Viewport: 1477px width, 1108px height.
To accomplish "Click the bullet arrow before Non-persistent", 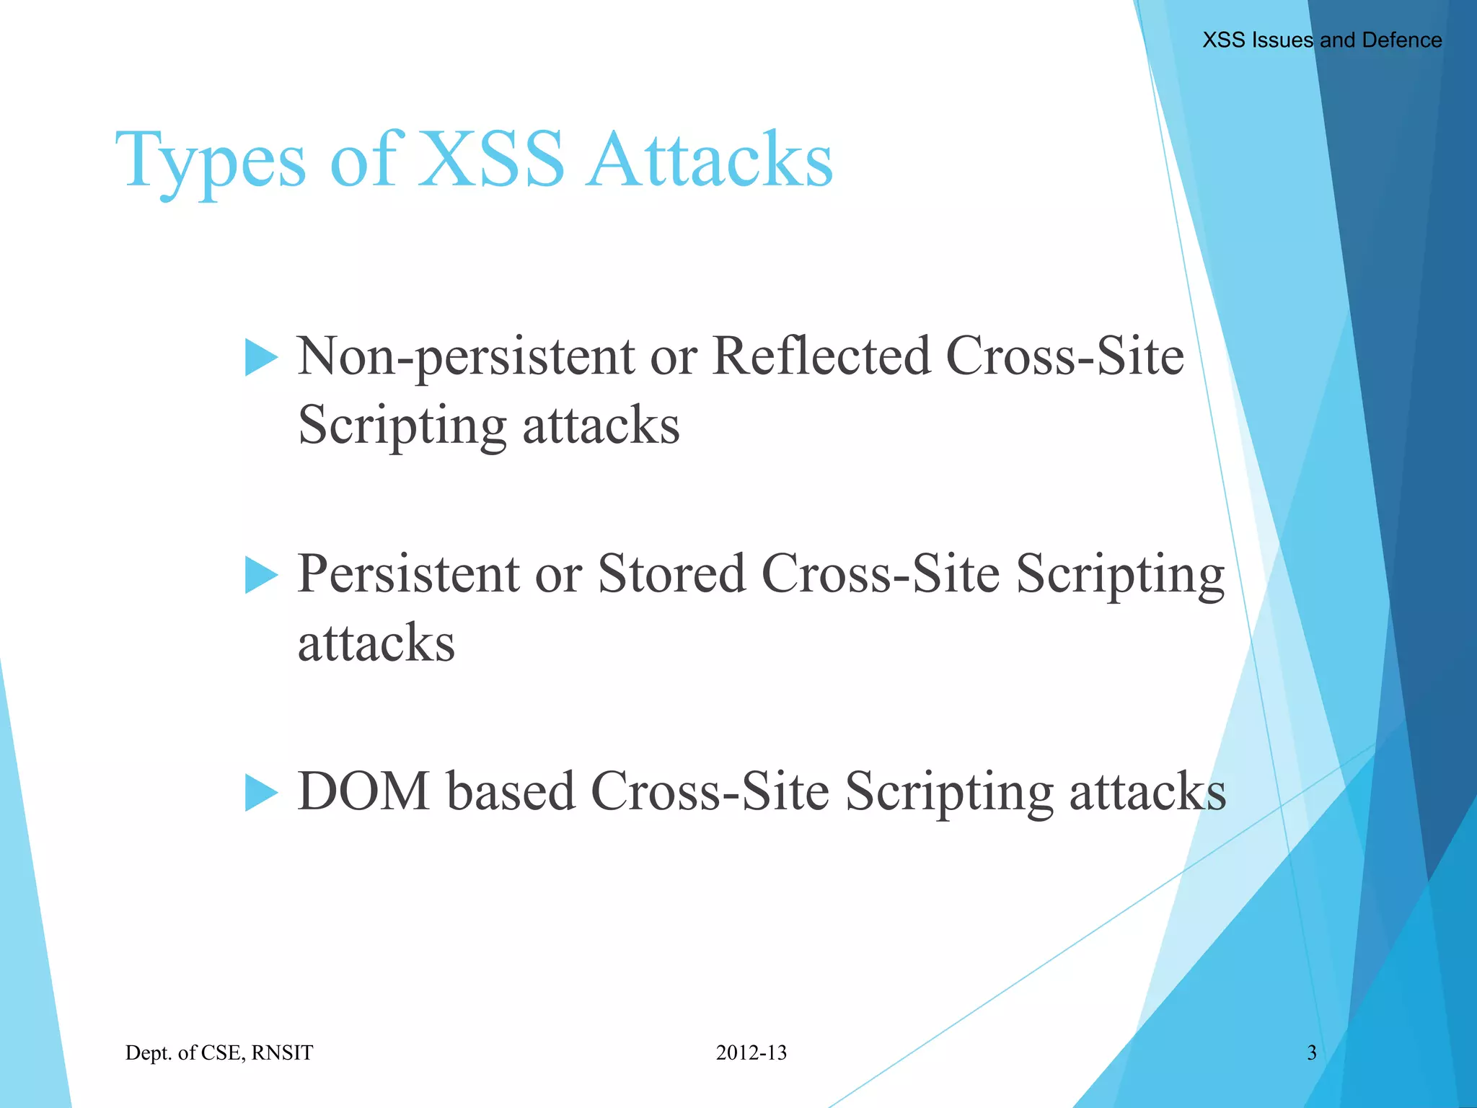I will click(260, 358).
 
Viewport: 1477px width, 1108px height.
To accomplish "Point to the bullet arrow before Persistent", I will click(260, 576).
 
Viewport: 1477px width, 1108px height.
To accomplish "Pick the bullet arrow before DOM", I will click(260, 793).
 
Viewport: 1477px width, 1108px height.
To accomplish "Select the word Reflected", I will click(821, 356).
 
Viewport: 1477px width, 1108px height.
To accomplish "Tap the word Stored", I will click(671, 574).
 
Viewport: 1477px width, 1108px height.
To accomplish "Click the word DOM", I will click(363, 792).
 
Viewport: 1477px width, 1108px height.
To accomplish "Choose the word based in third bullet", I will click(511, 792).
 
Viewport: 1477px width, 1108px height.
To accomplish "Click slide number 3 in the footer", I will click(1312, 1053).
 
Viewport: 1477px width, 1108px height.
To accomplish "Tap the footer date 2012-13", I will click(751, 1053).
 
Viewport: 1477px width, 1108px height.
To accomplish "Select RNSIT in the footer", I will click(282, 1053).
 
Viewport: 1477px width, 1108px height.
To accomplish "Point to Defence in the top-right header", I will click(1401, 40).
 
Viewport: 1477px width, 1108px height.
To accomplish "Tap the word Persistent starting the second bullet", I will click(408, 574).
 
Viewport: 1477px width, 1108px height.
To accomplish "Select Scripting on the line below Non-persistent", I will click(402, 426).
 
